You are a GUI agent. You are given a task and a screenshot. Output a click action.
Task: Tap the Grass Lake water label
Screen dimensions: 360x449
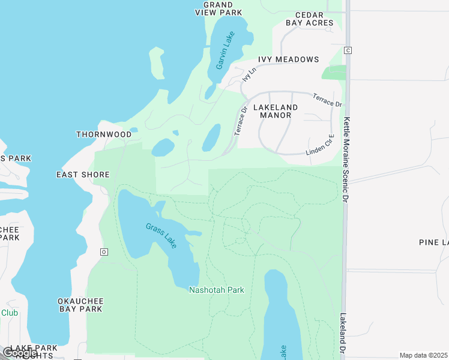(161, 236)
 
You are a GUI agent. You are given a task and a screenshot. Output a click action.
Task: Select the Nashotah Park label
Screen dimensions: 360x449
(217, 290)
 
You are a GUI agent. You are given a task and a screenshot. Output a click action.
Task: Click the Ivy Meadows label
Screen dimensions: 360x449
(288, 59)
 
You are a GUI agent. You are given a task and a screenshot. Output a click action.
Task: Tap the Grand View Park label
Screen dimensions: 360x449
(218, 8)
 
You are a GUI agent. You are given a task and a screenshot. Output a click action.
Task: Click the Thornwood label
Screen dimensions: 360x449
(104, 134)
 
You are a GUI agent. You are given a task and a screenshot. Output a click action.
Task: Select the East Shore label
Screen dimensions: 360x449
(83, 175)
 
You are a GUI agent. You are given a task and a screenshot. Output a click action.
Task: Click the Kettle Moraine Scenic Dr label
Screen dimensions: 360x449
(346, 158)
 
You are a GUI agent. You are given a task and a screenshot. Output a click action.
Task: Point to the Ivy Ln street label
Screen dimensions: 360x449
(248, 75)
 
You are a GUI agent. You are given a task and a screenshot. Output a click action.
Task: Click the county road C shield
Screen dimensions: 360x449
(348, 50)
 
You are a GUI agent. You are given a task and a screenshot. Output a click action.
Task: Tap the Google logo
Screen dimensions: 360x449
(20, 353)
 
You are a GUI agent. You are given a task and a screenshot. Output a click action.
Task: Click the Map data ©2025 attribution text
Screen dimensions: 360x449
(423, 355)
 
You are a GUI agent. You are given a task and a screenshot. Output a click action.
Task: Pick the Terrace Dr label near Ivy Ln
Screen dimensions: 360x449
(241, 121)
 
